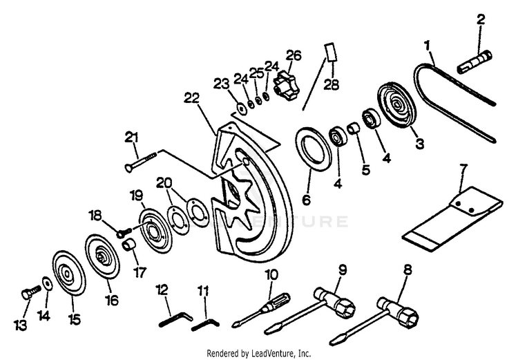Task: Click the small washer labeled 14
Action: click(45, 283)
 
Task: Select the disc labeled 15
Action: click(69, 277)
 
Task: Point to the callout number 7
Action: click(463, 168)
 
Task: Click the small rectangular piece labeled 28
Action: click(330, 52)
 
